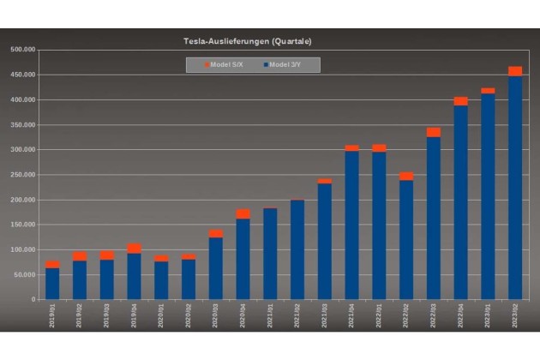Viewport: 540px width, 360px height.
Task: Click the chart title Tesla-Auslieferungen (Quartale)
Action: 248,40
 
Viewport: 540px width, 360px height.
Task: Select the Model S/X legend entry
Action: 225,64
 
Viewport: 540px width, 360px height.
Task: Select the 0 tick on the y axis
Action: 33,300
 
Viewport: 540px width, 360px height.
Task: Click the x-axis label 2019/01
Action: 52,315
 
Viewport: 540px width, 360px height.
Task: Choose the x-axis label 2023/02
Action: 515,315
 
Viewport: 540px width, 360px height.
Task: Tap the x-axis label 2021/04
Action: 351,315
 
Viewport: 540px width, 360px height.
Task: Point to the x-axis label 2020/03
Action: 215,315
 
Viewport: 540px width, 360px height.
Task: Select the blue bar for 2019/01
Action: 52,285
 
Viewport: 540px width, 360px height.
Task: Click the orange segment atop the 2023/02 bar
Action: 515,71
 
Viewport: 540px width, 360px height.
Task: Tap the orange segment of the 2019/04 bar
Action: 134,249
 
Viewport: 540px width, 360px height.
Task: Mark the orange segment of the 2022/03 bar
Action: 434,132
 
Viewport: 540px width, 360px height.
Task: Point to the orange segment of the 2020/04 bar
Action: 243,214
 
